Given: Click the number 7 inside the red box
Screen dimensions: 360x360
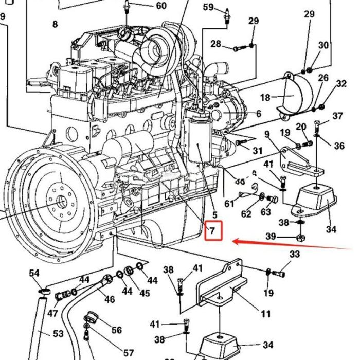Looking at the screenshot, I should pos(213,231).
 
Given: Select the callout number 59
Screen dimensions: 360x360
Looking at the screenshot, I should pos(208,7).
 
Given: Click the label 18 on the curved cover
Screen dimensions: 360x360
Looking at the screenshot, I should pos(265,97).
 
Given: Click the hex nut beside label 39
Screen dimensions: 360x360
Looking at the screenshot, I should pos(301,237).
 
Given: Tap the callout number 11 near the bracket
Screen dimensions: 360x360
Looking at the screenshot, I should pos(265,314).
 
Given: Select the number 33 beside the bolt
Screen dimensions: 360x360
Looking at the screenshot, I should pos(294,254).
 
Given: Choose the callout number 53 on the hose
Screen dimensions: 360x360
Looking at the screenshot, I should pos(58,334).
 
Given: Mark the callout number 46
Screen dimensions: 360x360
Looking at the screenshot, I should pos(110,299).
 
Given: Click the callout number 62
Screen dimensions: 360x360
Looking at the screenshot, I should pos(247,213).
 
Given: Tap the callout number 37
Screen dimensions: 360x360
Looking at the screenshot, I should pos(337,116).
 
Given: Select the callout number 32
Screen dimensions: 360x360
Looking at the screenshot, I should pos(341,83).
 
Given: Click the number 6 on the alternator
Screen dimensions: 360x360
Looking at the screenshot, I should pos(259,114).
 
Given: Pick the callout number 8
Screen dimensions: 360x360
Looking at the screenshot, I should pos(55,24).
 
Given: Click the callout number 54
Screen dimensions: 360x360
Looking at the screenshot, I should pos(34,273).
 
